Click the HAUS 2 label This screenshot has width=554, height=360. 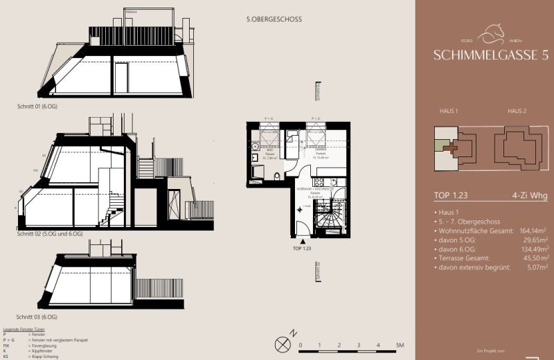pyautogui.click(x=517, y=111)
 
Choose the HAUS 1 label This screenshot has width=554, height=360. pyautogui.click(x=449, y=111)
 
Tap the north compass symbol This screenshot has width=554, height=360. pyautogui.click(x=282, y=343)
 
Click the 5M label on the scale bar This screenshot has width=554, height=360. pyautogui.click(x=400, y=344)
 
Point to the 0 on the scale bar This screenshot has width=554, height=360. pyautogui.click(x=301, y=344)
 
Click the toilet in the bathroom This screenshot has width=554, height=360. pyautogui.click(x=276, y=176)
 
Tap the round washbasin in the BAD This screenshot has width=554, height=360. pyautogui.click(x=255, y=147)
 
